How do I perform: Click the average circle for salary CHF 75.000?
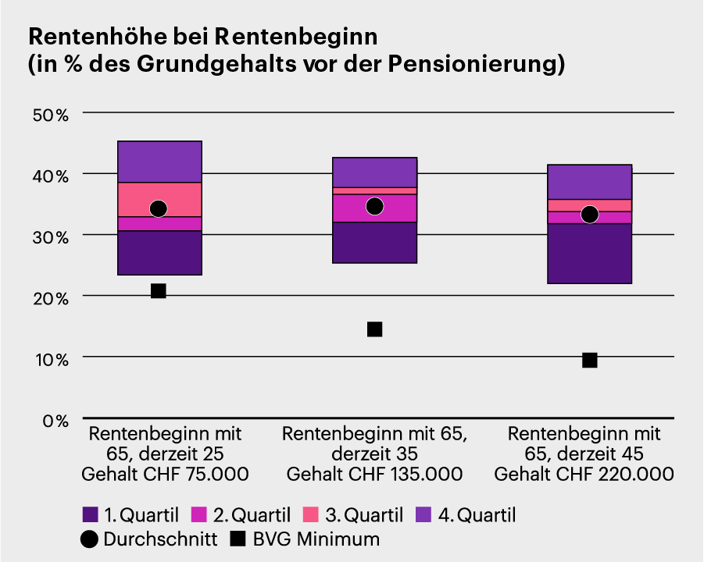(159, 208)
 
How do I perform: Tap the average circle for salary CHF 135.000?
(374, 206)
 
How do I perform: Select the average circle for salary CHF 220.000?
(590, 214)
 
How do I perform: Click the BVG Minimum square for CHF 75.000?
(159, 291)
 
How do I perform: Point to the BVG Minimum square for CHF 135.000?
(374, 329)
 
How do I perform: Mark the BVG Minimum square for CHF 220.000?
(590, 360)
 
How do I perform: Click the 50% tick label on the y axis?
(51, 114)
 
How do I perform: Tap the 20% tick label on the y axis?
(51, 297)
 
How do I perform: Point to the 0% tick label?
(55, 421)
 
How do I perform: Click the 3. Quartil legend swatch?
(311, 515)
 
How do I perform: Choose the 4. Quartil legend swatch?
(423, 515)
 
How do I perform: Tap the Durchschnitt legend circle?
(90, 539)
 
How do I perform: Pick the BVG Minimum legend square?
(238, 539)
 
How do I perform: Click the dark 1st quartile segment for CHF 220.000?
(590, 254)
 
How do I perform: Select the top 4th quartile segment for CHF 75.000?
(159, 162)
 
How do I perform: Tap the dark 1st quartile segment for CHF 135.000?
(374, 242)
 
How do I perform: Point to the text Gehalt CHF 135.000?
(374, 474)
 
